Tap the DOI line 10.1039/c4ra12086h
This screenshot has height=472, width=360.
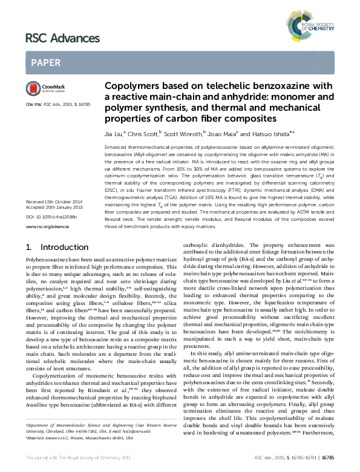coord(45,233)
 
